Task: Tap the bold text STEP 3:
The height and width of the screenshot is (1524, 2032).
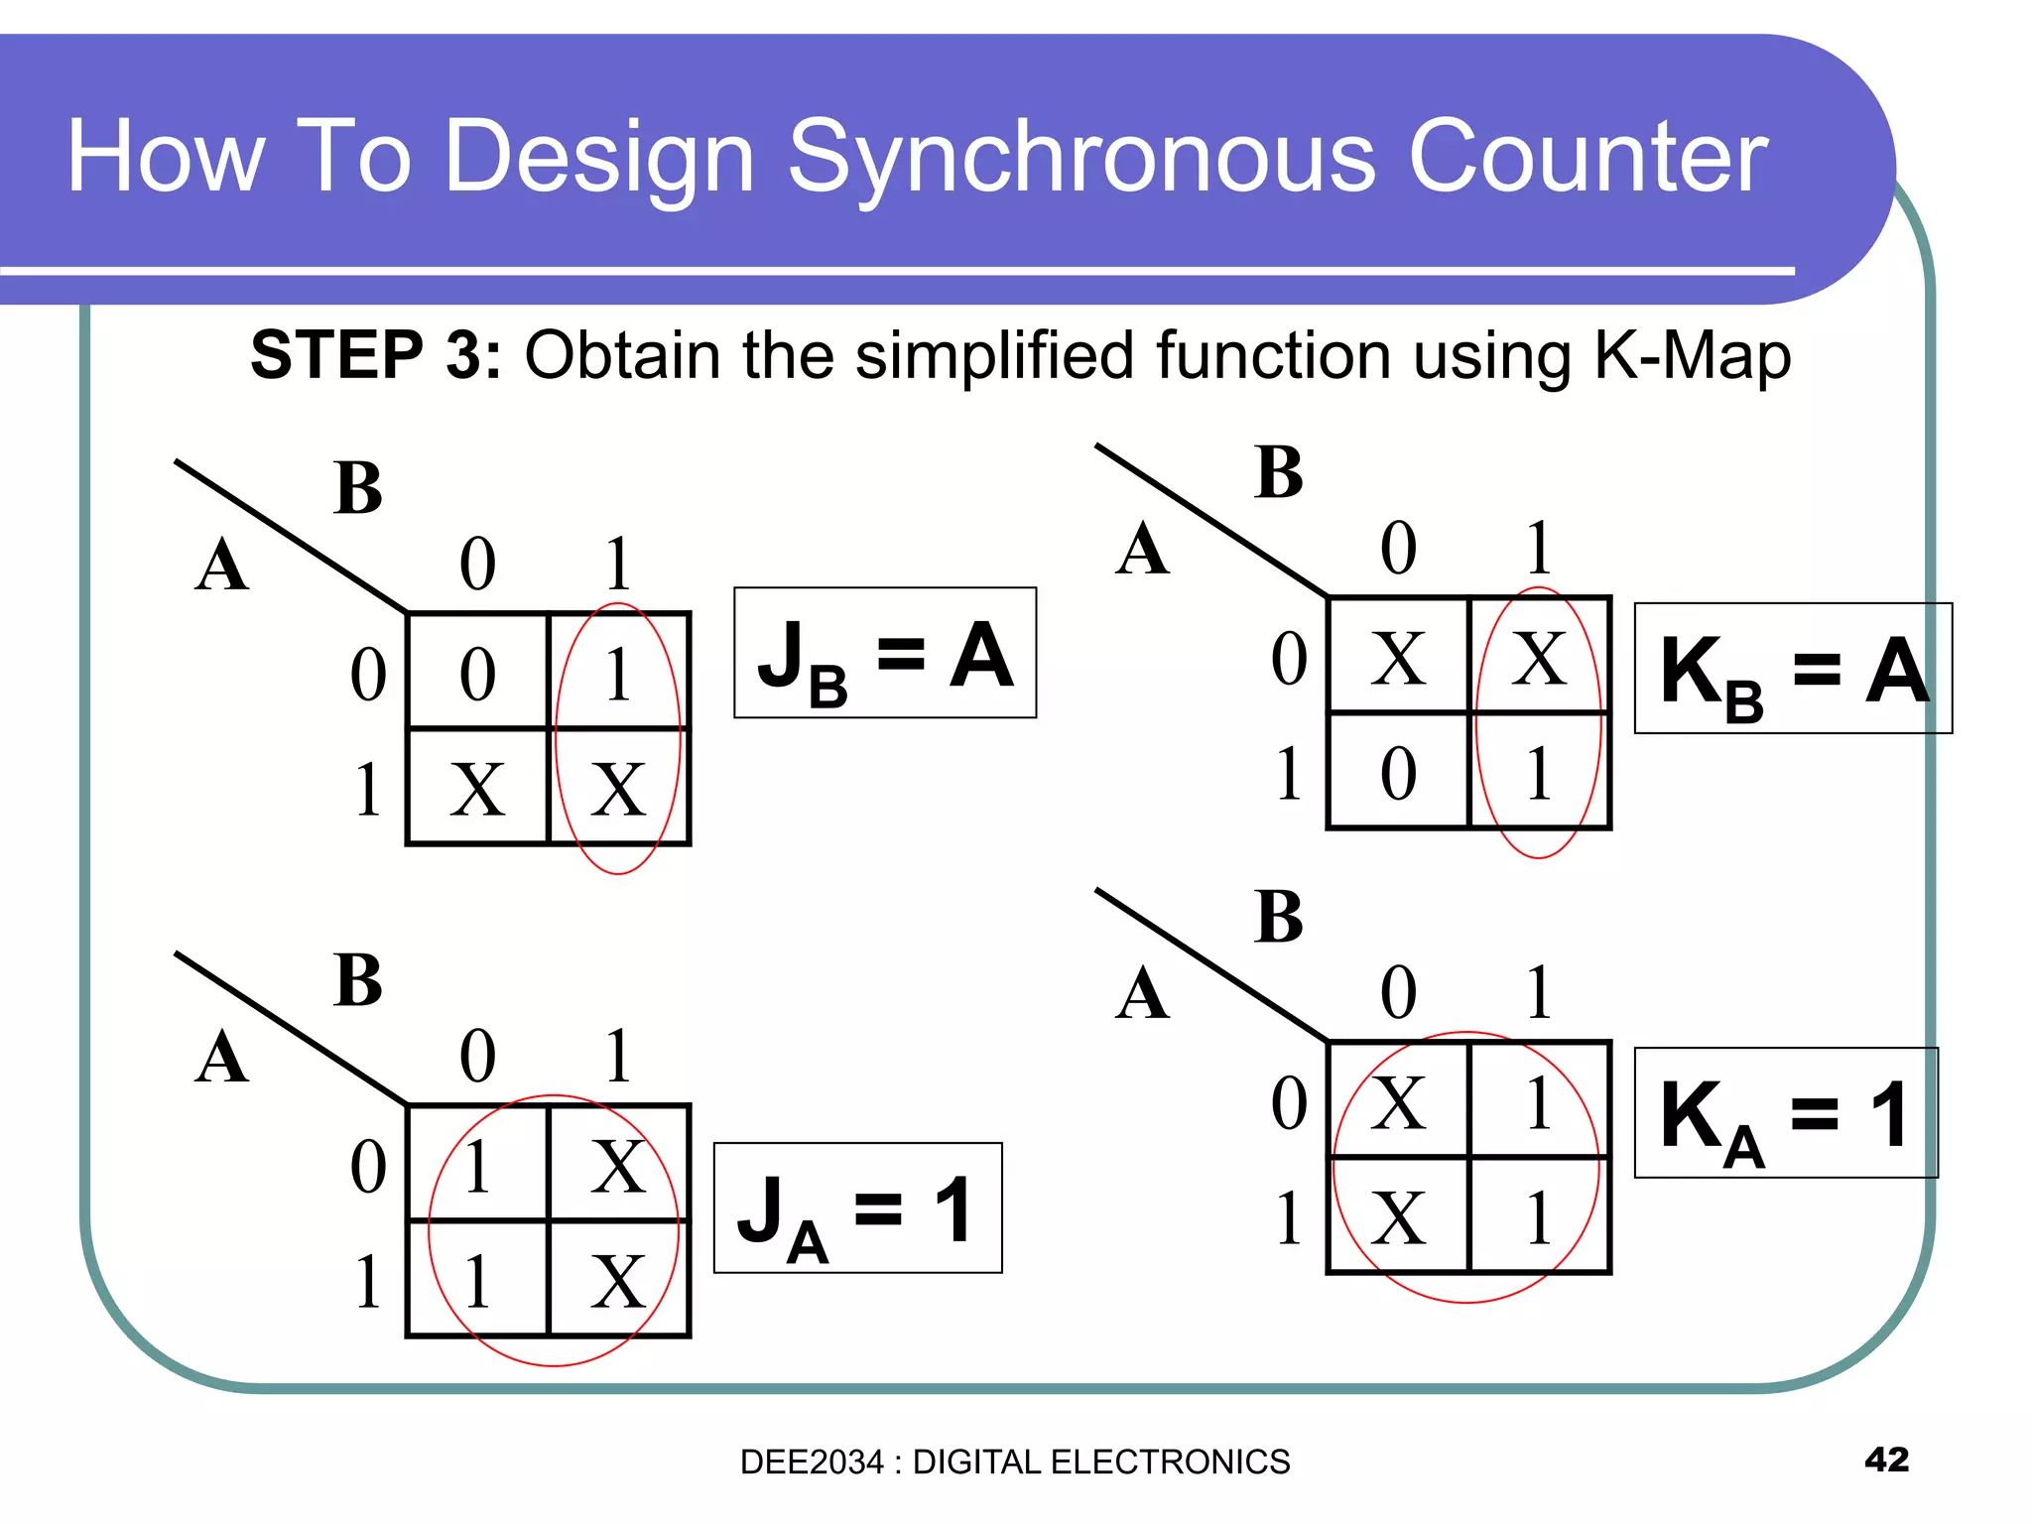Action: click(376, 354)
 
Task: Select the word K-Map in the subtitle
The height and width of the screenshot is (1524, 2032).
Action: click(1692, 354)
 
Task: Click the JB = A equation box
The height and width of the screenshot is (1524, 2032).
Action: click(885, 652)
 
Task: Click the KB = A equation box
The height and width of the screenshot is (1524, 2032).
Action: click(1793, 668)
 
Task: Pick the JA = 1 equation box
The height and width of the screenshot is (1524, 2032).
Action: click(857, 1207)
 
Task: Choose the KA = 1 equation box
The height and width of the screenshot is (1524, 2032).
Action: click(1785, 1112)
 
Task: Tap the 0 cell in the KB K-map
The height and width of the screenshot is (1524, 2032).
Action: click(1398, 772)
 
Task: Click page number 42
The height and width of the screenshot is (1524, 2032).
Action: click(1886, 1459)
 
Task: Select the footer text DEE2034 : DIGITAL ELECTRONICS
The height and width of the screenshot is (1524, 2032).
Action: click(1015, 1461)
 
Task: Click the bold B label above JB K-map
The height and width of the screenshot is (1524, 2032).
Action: click(358, 487)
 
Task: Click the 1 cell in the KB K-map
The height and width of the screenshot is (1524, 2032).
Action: click(1539, 772)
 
